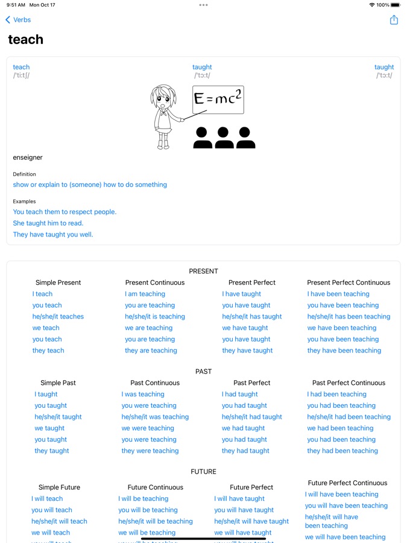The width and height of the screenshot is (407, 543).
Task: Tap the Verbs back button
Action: tap(18, 20)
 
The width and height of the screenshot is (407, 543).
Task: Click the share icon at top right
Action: tap(394, 20)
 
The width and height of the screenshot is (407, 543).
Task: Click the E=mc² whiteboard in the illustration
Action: tap(218, 100)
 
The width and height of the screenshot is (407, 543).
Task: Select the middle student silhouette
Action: tap(224, 138)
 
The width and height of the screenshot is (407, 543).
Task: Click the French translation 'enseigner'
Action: tap(28, 157)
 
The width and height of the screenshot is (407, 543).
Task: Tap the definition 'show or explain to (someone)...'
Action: tap(90, 185)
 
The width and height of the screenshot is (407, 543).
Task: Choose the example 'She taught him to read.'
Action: tap(48, 223)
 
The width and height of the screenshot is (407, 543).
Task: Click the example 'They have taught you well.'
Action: tap(53, 235)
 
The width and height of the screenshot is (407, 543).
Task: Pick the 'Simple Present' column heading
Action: tap(58, 282)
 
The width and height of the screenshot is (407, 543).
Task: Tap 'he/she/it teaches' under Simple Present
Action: tap(58, 317)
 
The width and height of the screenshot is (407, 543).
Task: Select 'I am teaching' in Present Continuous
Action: tap(145, 294)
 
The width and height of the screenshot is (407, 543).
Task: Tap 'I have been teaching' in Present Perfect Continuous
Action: tap(338, 294)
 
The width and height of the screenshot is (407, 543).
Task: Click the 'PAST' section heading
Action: tap(204, 372)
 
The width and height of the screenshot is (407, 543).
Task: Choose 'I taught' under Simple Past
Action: tap(46, 395)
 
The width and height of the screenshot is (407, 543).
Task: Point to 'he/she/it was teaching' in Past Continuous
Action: tap(155, 417)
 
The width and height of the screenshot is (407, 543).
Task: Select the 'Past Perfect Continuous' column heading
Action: tap(349, 383)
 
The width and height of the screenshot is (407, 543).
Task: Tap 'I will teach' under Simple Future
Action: tap(47, 499)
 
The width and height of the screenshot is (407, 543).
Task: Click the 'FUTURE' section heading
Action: tap(204, 472)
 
